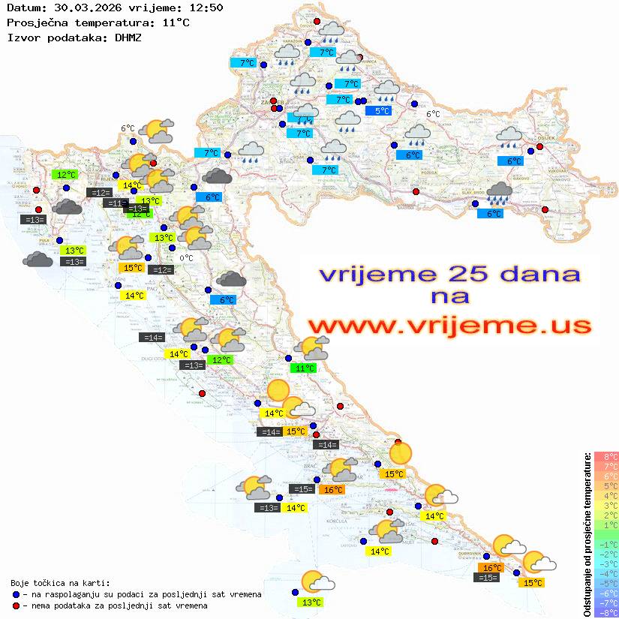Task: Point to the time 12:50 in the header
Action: point(205,8)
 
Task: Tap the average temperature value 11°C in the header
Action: point(176,23)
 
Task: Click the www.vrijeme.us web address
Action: point(449,326)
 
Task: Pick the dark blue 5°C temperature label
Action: point(382,111)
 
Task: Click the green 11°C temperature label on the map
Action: point(305,368)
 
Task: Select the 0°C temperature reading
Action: point(186,258)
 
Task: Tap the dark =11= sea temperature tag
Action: point(115,203)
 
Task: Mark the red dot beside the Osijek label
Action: point(539,147)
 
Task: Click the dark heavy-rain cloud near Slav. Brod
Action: point(499,194)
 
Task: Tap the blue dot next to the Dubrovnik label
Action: point(486,556)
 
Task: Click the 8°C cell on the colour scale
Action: point(605,456)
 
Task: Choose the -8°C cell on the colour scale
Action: point(605,612)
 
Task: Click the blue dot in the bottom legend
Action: point(16,594)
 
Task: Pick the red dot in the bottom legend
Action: point(16,605)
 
